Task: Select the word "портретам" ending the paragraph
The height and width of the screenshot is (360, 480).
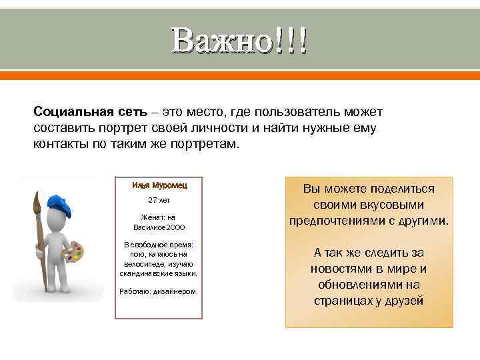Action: [206, 143]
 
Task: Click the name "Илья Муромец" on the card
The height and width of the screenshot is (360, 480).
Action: [158, 185]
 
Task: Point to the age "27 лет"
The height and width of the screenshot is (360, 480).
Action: [158, 200]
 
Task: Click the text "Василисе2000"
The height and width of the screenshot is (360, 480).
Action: [158, 227]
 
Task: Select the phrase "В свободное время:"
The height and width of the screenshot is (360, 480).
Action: [158, 245]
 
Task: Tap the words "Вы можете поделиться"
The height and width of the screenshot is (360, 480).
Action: [369, 189]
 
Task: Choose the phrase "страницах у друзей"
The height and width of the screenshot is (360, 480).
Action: [369, 301]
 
